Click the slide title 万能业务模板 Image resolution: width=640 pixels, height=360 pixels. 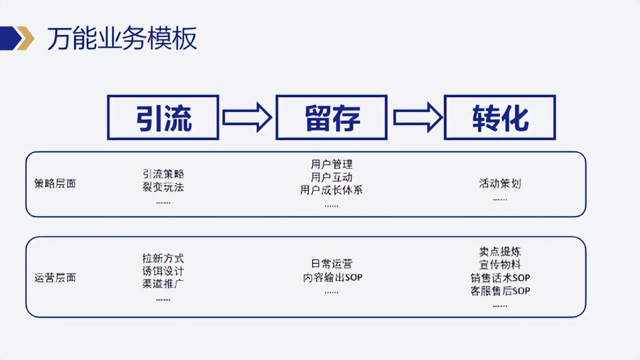[x=122, y=39]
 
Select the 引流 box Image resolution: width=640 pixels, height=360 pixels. [x=163, y=117]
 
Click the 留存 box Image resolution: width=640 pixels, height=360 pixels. [x=332, y=117]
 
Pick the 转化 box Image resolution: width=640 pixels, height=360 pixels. [x=499, y=117]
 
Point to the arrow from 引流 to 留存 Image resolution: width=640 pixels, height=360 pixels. [x=247, y=117]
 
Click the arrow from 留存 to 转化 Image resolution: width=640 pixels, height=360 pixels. [x=415, y=117]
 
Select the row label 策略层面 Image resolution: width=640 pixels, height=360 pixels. [x=55, y=184]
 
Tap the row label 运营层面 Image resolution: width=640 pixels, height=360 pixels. [x=55, y=278]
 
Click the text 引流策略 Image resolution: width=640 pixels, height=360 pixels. [x=163, y=174]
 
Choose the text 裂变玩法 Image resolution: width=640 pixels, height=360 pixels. [x=163, y=187]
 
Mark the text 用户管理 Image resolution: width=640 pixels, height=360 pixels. [x=332, y=165]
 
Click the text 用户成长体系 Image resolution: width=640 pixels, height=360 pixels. [x=332, y=190]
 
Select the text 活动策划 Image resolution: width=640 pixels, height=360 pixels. [x=499, y=183]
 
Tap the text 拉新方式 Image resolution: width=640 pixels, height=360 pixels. [x=163, y=258]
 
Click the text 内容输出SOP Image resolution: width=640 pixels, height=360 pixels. [x=332, y=277]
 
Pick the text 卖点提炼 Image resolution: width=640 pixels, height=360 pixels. [x=499, y=252]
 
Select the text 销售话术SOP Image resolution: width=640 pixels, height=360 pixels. [x=499, y=278]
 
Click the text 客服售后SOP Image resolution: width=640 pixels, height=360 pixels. [x=499, y=291]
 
